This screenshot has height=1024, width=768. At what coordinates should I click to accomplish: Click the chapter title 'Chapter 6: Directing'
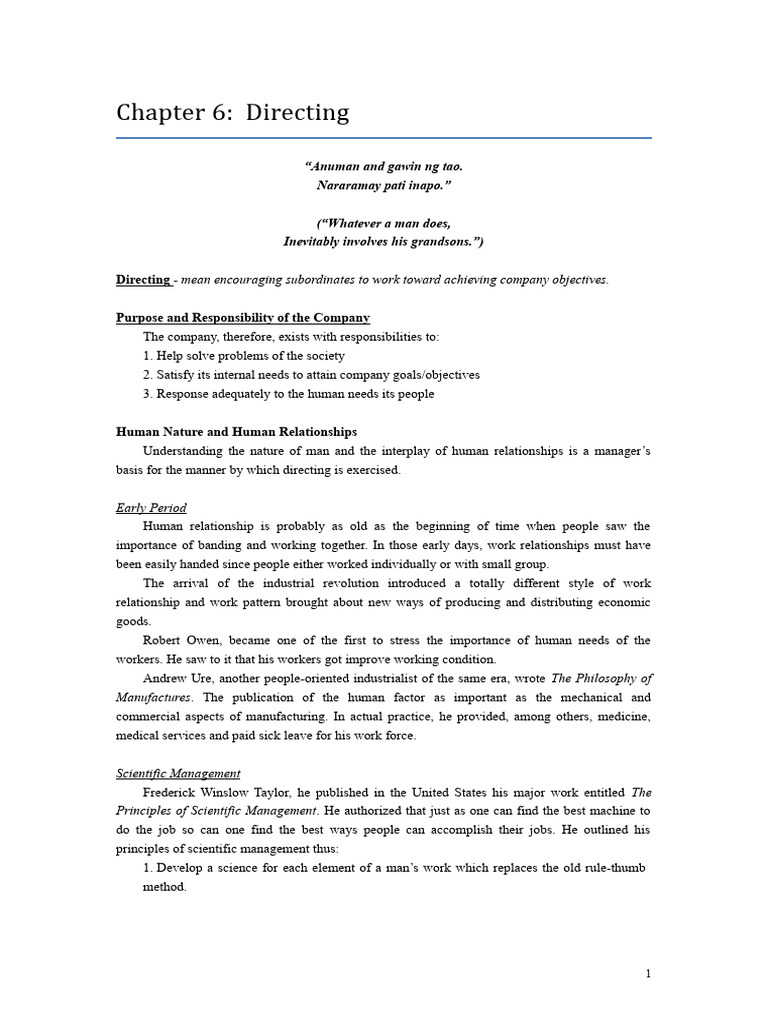(233, 113)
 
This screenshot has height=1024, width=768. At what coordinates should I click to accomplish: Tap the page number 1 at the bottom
(647, 973)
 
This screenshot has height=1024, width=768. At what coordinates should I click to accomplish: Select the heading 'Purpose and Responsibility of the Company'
(243, 318)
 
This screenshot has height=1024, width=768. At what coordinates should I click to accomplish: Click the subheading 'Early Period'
(151, 508)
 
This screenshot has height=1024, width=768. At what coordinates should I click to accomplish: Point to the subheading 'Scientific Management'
(178, 773)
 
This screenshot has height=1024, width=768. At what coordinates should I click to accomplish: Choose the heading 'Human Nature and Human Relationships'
(236, 432)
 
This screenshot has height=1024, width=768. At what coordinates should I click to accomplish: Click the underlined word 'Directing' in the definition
(143, 280)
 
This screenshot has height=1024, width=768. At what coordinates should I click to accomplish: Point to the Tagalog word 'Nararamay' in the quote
(345, 185)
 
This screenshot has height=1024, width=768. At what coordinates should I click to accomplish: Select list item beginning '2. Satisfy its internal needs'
(311, 375)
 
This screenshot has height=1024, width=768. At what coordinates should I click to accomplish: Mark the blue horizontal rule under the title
(383, 138)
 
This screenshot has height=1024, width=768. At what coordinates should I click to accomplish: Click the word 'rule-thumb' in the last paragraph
(614, 868)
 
